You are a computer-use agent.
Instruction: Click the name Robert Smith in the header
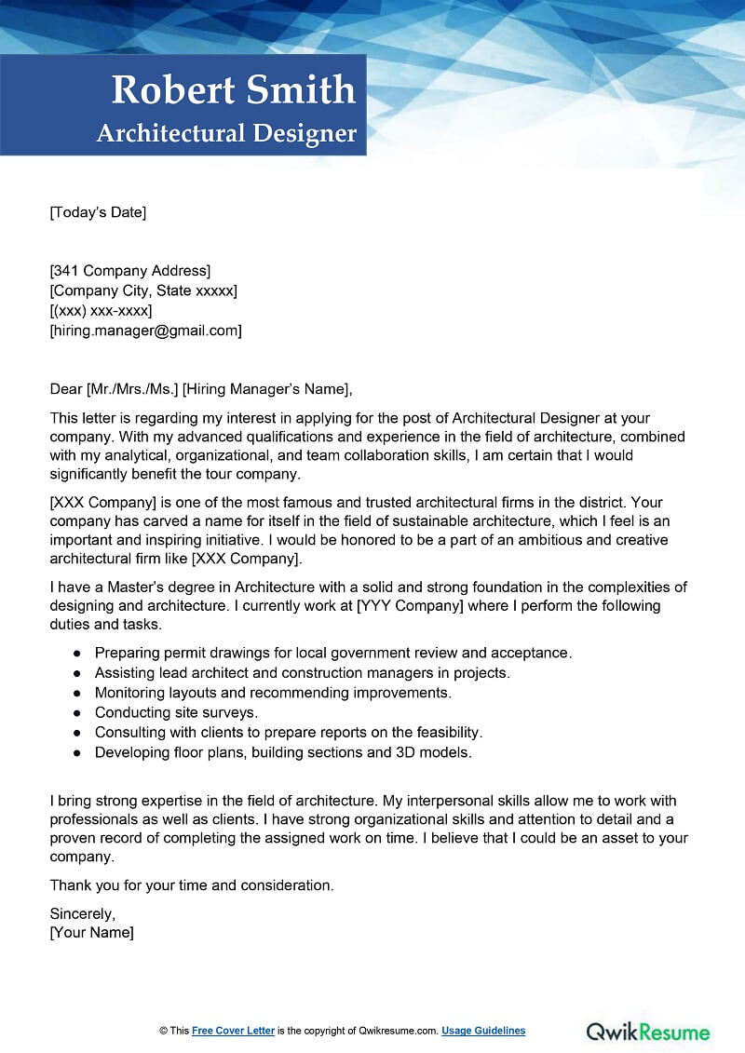click(x=233, y=90)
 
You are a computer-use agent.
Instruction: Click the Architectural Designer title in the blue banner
click(x=226, y=133)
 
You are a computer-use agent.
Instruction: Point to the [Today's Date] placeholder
click(x=98, y=212)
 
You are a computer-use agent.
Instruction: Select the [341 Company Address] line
click(x=130, y=271)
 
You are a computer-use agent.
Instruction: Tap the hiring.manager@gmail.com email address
click(x=145, y=331)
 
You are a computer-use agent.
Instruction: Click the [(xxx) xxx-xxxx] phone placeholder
click(x=101, y=311)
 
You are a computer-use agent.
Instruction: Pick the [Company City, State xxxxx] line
click(x=143, y=290)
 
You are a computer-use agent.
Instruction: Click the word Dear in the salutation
click(x=65, y=389)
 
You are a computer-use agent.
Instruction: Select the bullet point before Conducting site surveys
click(x=76, y=712)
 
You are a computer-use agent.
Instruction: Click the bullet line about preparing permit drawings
click(x=332, y=653)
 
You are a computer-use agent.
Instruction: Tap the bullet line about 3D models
click(x=283, y=751)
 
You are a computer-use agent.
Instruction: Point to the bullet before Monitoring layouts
click(x=76, y=693)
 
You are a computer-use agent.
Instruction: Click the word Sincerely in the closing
click(x=82, y=913)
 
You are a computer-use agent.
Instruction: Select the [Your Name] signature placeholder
click(x=91, y=932)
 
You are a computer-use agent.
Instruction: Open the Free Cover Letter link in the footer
click(x=233, y=1031)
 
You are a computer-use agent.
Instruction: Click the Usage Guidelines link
click(x=483, y=1031)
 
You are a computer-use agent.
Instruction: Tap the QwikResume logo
click(x=647, y=1031)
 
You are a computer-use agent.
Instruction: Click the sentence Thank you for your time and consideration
click(x=191, y=884)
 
